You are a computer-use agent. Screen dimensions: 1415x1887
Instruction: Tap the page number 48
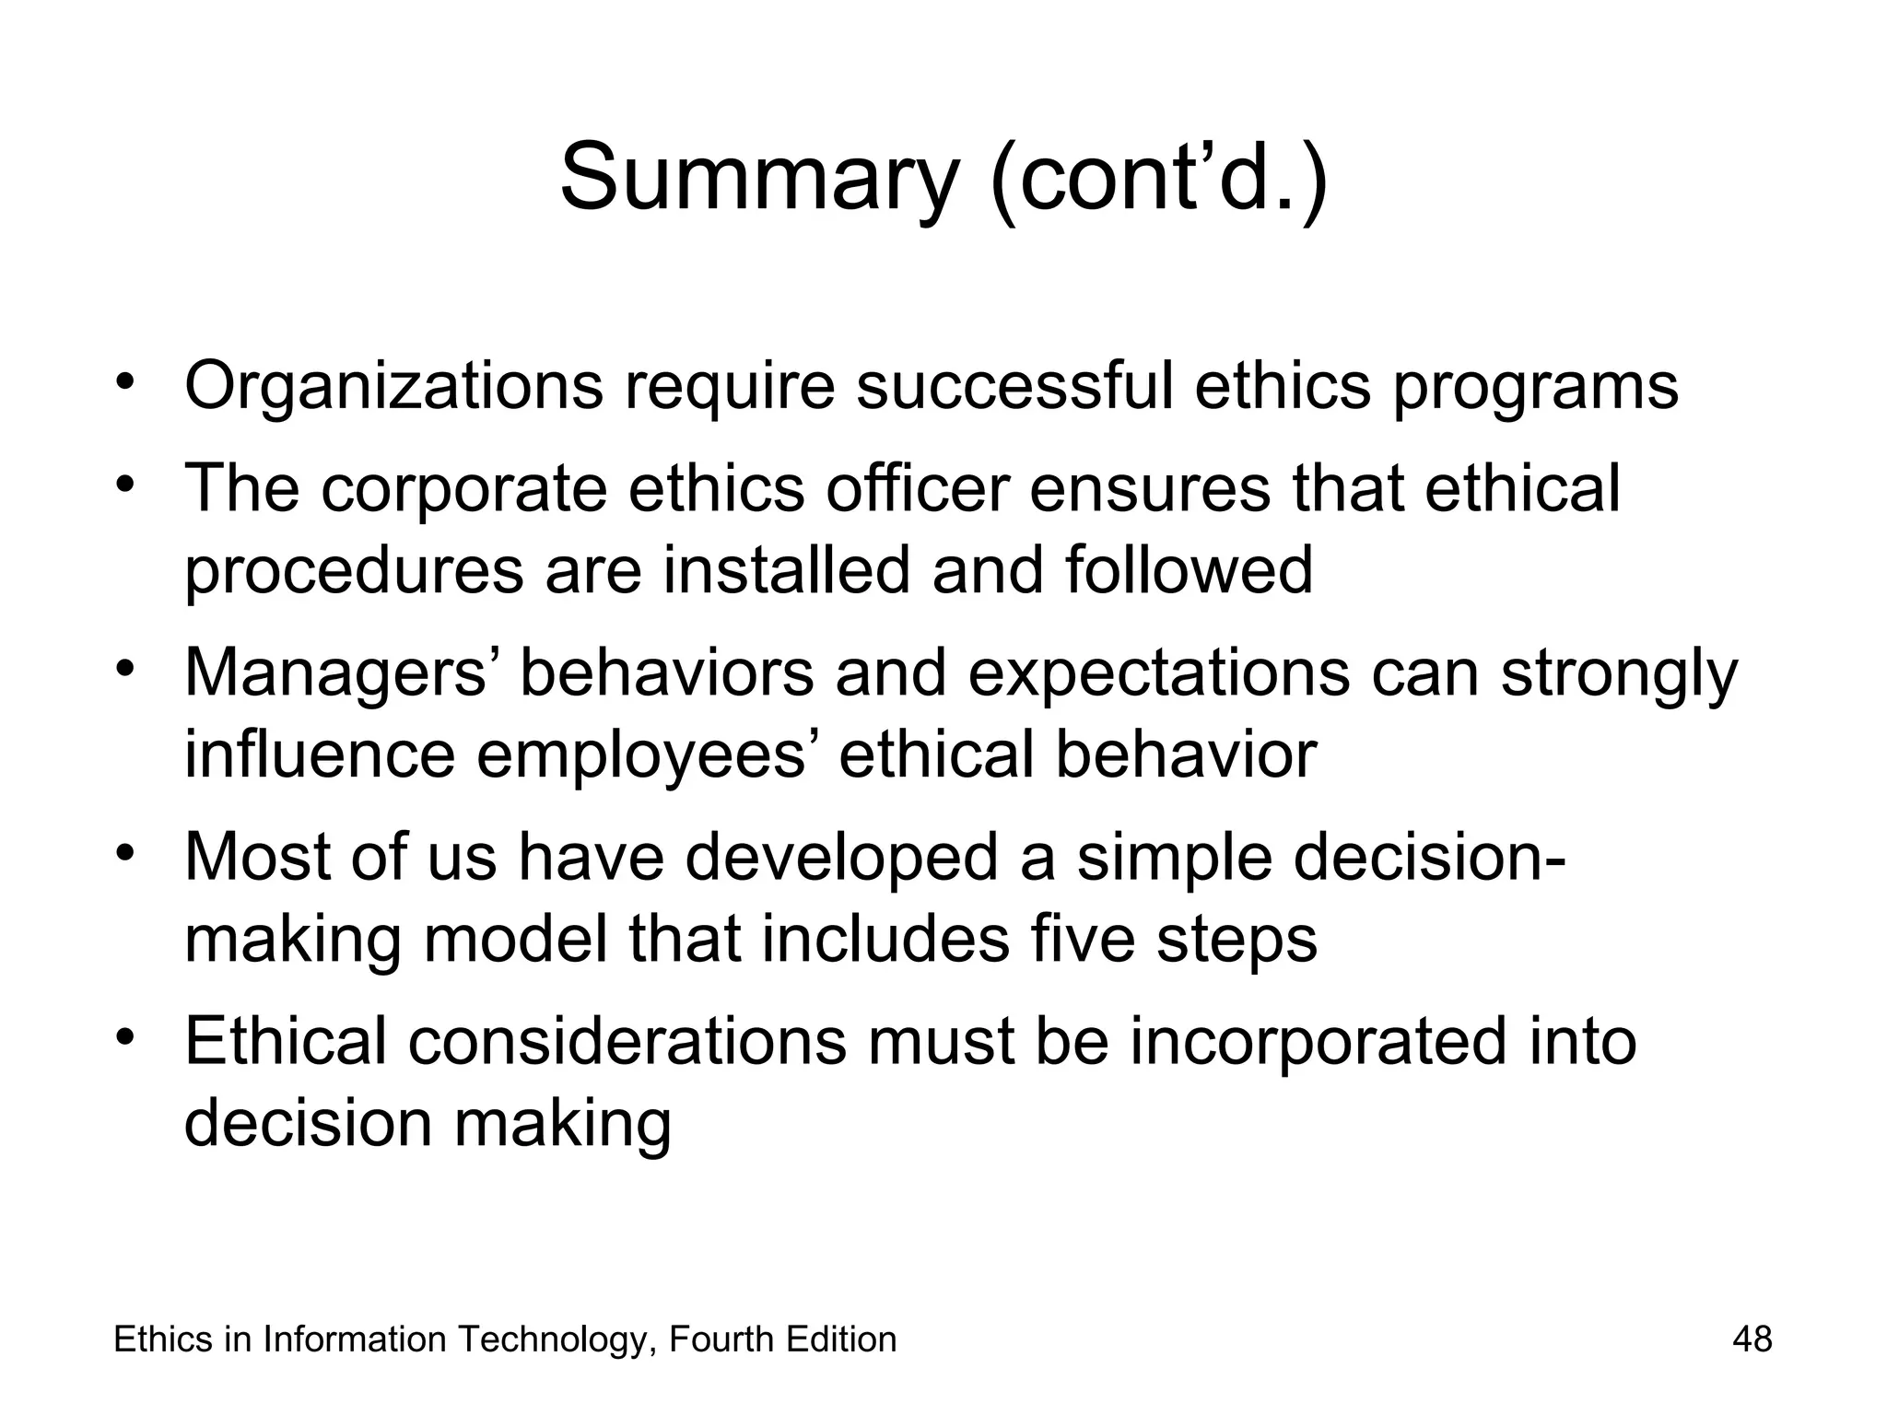[1752, 1339]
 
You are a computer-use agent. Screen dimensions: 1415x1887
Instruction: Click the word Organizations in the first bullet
[393, 387]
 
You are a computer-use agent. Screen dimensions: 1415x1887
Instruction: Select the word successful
[1014, 387]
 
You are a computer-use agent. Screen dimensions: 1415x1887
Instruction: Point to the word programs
[1535, 387]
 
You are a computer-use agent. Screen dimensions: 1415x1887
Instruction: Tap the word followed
[1190, 569]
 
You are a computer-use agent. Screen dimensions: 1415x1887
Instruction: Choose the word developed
[841, 857]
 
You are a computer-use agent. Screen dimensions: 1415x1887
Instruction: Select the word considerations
[627, 1041]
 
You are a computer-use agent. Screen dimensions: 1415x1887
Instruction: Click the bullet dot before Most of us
[126, 849]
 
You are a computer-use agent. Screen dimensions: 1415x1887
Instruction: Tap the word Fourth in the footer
[721, 1339]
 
